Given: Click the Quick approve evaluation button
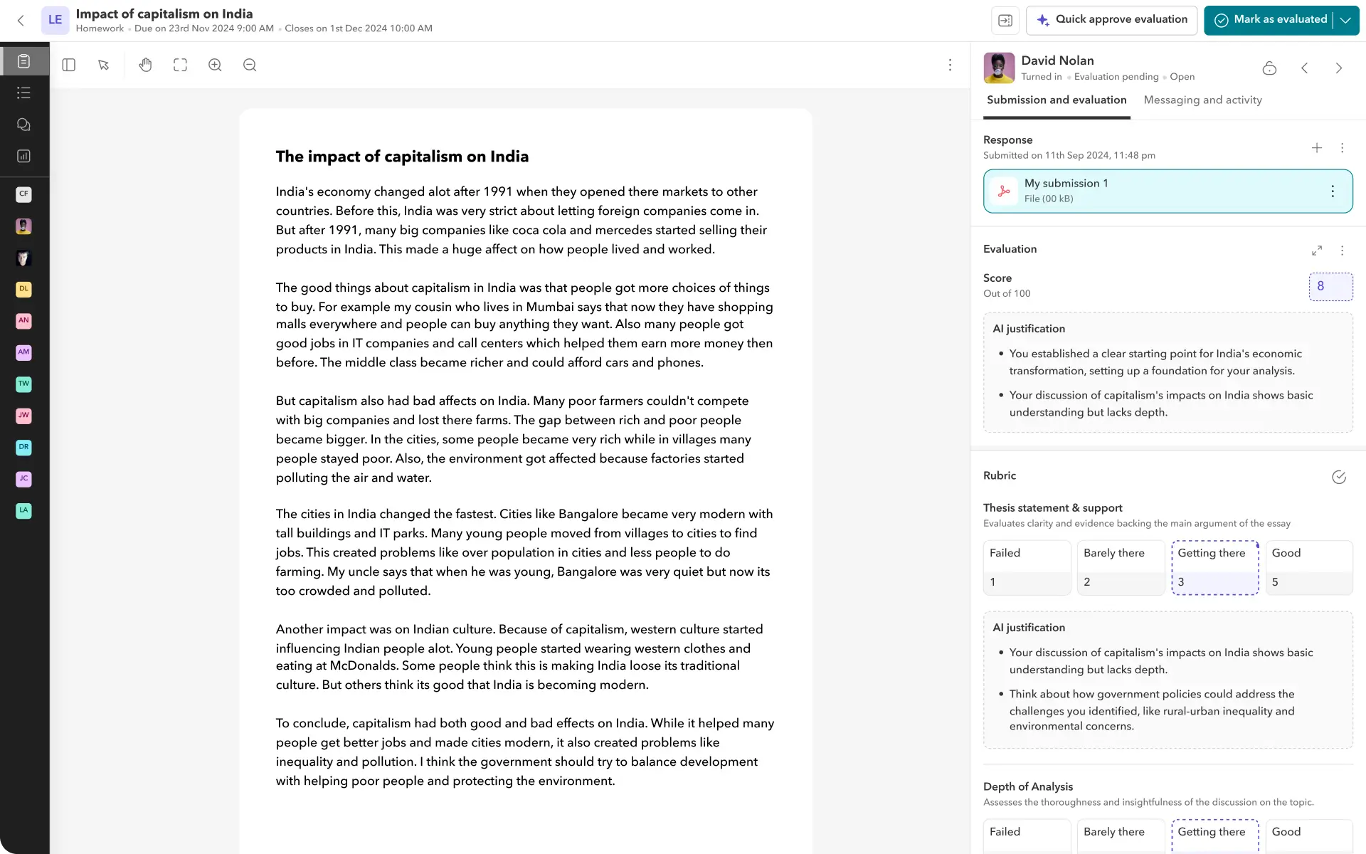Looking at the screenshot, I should coord(1111,20).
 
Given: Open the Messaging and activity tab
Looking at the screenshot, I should coord(1202,100).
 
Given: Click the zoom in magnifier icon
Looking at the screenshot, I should coord(215,65).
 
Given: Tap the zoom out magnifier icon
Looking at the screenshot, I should coord(250,65).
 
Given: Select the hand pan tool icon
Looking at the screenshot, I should coord(145,65).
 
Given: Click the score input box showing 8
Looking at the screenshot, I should coord(1330,286).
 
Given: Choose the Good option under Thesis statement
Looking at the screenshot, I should coord(1308,567).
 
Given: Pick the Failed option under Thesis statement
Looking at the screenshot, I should coord(1027,567).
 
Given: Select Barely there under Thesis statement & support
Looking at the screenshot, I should coord(1121,567).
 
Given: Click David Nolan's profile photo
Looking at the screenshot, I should coord(999,68).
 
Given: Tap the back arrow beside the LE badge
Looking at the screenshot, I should coord(21,21).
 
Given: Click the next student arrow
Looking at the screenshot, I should coord(1338,68).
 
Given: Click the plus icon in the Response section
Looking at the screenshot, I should coord(1317,148).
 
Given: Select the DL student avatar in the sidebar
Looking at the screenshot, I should coord(23,289).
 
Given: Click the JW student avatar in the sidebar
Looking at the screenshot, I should coord(23,416).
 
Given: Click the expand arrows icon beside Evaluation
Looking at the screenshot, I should coord(1317,251).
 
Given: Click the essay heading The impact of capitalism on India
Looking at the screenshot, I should coord(402,157).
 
